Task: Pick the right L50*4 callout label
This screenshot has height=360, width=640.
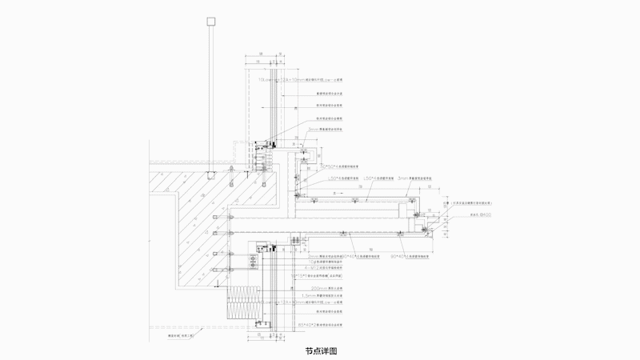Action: (x=377, y=178)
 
